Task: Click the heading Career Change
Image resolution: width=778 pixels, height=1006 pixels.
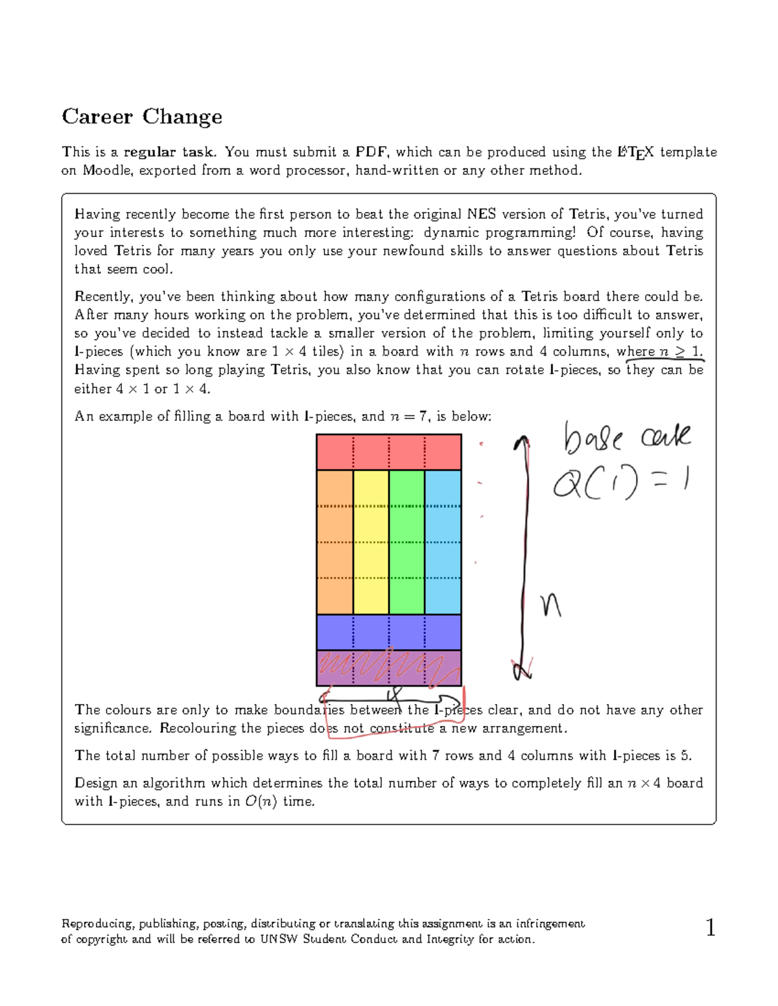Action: click(x=142, y=117)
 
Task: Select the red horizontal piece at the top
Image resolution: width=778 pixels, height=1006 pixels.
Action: click(x=388, y=452)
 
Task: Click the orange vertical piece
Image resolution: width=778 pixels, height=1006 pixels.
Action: click(x=335, y=542)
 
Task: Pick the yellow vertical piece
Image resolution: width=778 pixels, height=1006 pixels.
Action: click(x=371, y=542)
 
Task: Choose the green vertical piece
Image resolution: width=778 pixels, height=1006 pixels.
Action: click(x=407, y=542)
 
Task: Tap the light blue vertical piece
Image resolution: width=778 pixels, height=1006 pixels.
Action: click(x=443, y=542)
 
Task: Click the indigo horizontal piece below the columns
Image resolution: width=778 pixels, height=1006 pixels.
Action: click(x=388, y=632)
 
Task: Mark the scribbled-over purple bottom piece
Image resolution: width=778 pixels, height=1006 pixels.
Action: click(x=388, y=668)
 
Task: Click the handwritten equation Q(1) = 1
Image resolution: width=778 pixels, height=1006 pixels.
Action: click(x=620, y=483)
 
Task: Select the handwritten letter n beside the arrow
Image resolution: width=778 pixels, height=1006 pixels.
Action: click(x=550, y=606)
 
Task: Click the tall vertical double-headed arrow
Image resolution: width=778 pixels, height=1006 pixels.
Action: click(x=523, y=557)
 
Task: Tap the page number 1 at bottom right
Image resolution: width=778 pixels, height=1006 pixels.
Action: click(x=711, y=928)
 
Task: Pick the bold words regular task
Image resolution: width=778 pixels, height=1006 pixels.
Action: click(x=169, y=152)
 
